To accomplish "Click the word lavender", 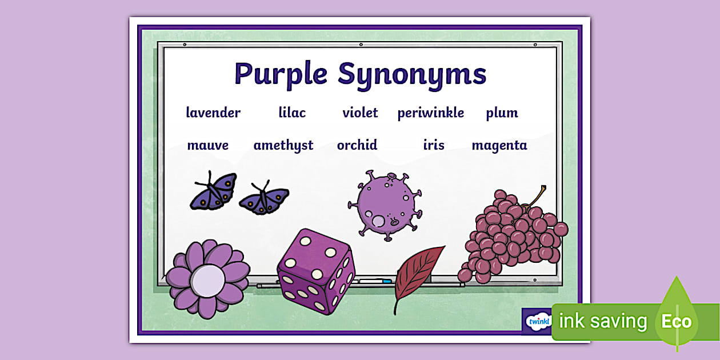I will (x=213, y=113).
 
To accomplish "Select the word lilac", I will (x=292, y=113).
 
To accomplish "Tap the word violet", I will (x=360, y=113).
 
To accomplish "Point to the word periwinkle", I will (x=431, y=113).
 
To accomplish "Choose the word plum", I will (x=502, y=113).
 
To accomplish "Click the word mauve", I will (x=208, y=145).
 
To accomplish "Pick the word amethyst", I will (x=283, y=146).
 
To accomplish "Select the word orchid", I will (x=357, y=145).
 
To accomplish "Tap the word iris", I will (x=434, y=145).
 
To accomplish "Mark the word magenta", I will (x=499, y=146).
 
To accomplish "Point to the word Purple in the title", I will (x=281, y=74).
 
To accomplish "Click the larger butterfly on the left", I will (x=213, y=190).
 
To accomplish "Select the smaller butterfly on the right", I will (x=263, y=198).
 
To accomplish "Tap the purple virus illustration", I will (x=384, y=202).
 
